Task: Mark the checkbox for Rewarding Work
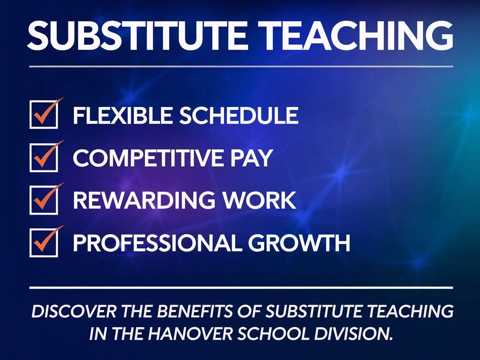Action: tap(43, 200)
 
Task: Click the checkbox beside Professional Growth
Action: tap(43, 243)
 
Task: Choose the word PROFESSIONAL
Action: tap(156, 243)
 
